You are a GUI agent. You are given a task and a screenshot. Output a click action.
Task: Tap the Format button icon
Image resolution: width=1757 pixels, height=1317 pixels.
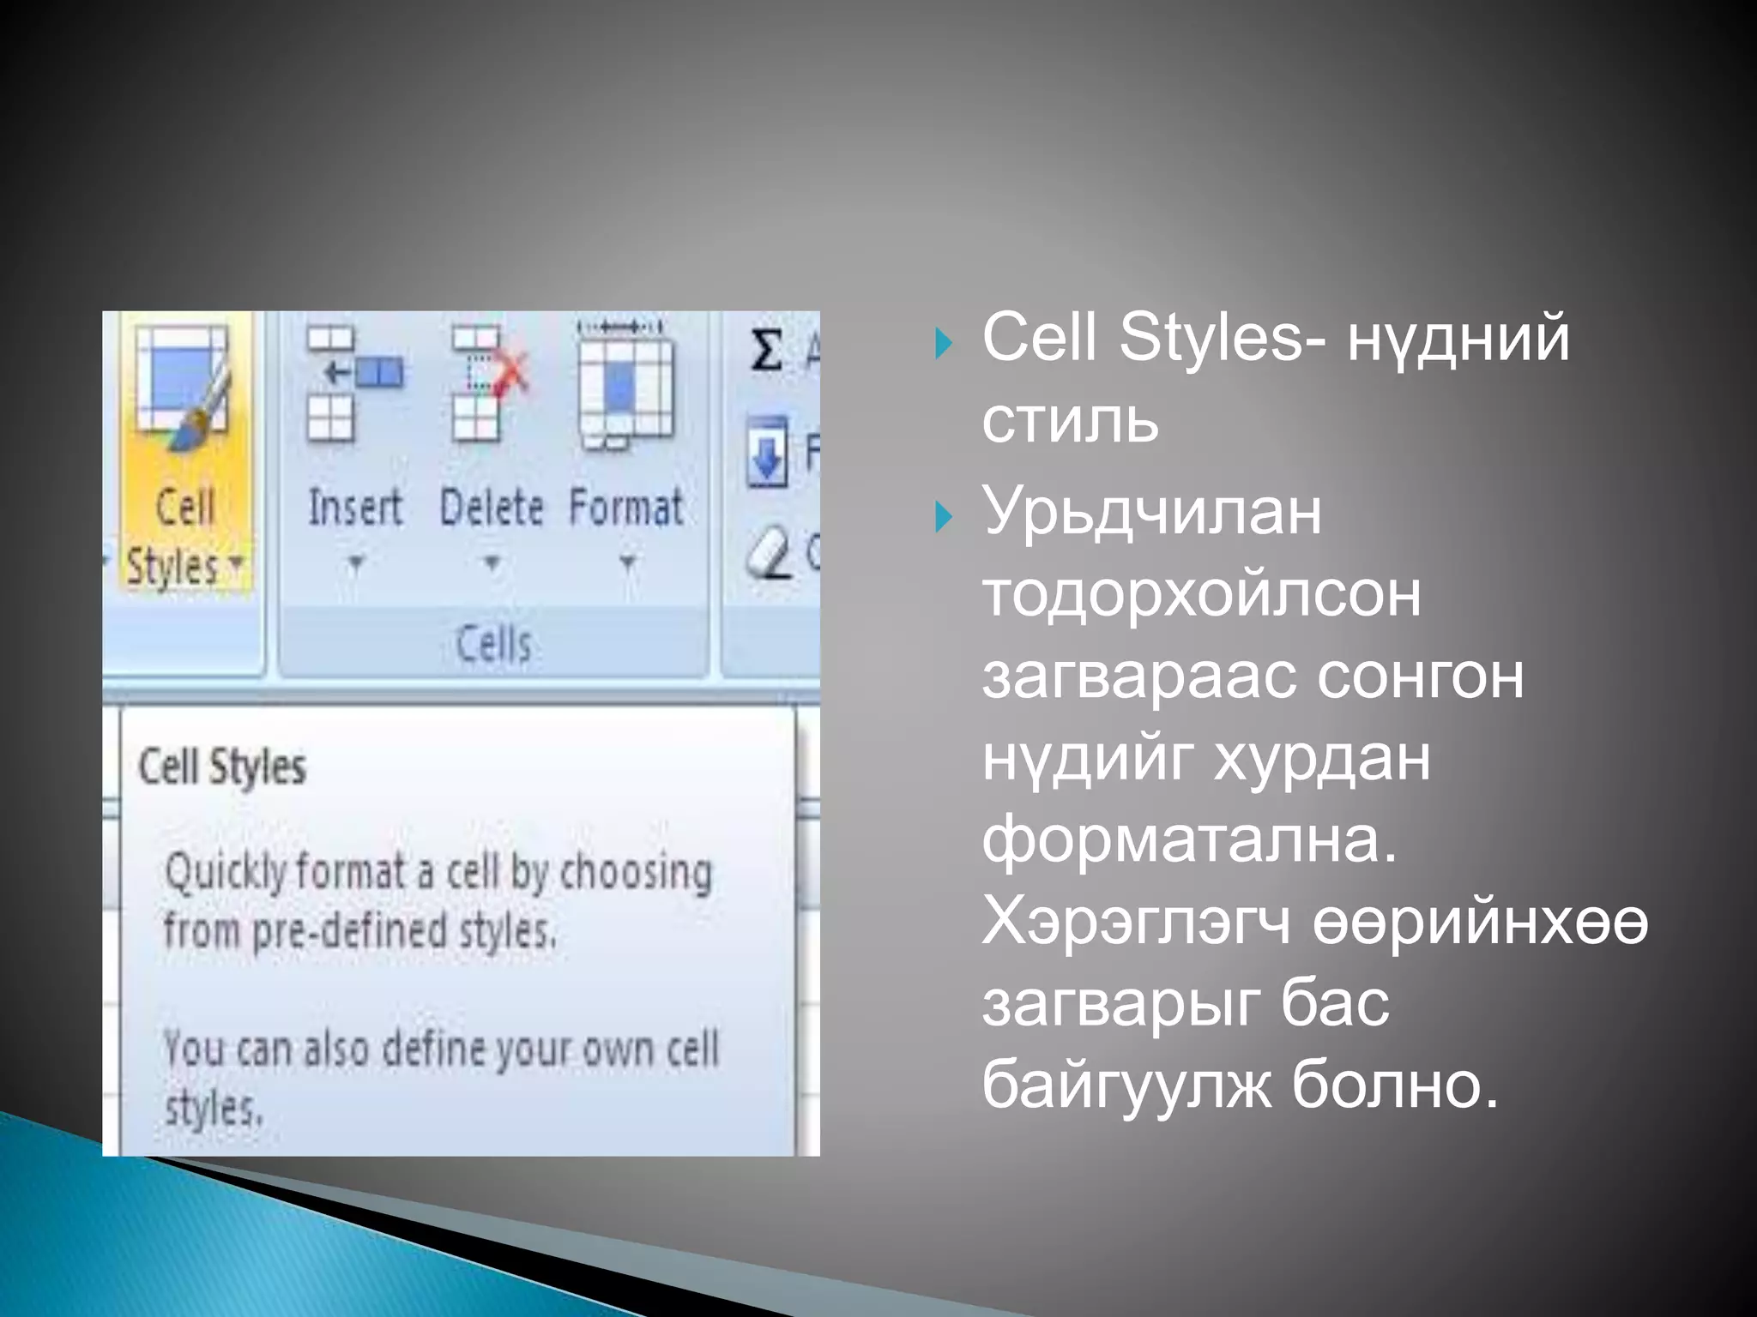tap(625, 386)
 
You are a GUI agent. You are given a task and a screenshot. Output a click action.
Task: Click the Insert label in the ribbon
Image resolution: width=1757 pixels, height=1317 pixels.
tap(354, 508)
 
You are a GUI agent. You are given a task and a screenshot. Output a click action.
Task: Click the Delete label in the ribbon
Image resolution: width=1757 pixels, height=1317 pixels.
tap(492, 508)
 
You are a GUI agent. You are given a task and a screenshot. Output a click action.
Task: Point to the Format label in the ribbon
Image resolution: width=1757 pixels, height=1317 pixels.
tap(626, 508)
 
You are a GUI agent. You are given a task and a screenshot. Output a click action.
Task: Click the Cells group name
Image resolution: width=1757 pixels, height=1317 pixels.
tap(493, 644)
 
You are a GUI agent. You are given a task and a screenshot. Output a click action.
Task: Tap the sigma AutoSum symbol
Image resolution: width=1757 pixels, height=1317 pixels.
tap(766, 351)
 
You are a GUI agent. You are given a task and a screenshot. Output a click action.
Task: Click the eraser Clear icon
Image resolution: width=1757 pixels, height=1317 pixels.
tap(767, 552)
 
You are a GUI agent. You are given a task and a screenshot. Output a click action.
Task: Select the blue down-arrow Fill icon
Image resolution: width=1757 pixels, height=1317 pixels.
tap(766, 452)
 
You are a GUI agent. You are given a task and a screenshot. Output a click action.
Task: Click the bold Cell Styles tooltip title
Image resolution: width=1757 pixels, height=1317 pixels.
tap(222, 767)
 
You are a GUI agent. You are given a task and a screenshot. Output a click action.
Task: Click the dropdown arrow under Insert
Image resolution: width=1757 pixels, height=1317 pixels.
tap(355, 563)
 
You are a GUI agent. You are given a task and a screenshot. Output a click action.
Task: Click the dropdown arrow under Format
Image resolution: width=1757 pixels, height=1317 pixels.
tap(627, 563)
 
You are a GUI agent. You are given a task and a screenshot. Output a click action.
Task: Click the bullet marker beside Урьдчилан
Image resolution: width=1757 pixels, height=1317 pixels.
tap(944, 517)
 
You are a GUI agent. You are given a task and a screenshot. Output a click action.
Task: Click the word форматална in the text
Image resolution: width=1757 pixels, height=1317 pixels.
tap(1188, 839)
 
